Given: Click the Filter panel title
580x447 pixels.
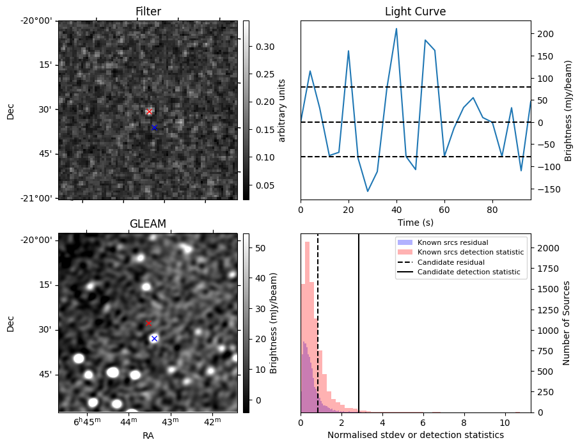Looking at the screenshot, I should (148, 12).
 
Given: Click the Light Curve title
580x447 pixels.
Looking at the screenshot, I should (415, 12).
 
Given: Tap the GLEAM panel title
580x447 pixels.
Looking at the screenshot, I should (148, 224).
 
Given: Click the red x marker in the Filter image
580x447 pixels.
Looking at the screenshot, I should (149, 112).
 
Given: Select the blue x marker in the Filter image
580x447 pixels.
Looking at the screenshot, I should (154, 128).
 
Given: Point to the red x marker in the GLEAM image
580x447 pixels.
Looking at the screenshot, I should (148, 324).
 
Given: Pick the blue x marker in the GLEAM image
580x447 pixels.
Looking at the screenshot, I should (154, 338).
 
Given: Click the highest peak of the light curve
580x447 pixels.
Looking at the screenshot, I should (396, 29).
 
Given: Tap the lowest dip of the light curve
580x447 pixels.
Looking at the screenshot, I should (368, 191).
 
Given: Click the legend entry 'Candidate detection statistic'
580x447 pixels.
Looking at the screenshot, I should (470, 273).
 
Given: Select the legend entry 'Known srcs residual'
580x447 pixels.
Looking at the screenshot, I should (452, 242).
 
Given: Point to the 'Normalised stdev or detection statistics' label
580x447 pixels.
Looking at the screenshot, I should (415, 435).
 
